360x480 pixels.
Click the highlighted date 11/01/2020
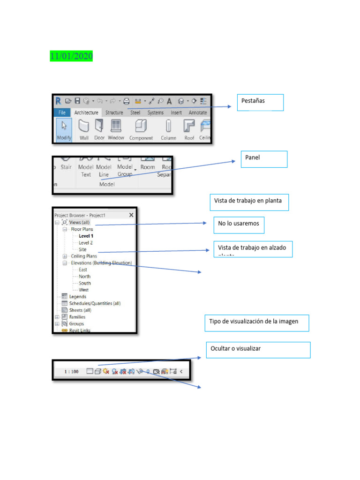coord(71,56)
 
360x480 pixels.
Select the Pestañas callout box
coord(260,102)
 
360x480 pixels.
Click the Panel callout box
coord(263,159)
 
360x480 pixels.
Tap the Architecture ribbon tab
coord(86,112)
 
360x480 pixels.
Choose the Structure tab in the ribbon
coord(114,112)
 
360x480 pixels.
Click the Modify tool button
coord(64,130)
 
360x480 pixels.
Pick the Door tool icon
coord(99,130)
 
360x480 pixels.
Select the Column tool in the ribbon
coord(168,130)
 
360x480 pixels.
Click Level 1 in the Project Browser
coord(86,236)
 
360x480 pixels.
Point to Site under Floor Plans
coord(82,249)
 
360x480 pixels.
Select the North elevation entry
coord(84,277)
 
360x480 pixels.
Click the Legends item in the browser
coord(77,297)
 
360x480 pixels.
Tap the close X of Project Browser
coord(131,215)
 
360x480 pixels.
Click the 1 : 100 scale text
coord(71,372)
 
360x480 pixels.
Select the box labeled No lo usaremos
coord(239,225)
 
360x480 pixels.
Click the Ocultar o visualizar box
coord(258,350)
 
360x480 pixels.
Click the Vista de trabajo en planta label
coord(248,202)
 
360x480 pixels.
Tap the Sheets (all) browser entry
coord(80,310)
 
